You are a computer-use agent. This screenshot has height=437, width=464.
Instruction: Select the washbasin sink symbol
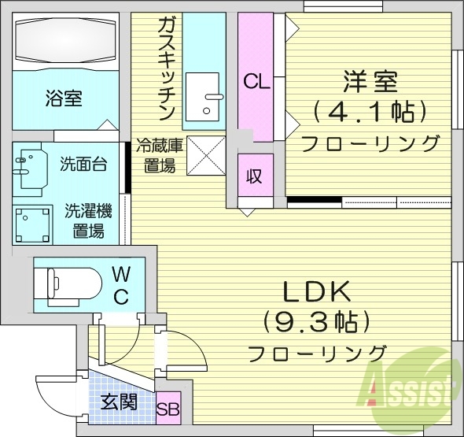coord(30,166)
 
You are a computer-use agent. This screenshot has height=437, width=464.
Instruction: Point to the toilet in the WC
coord(68,282)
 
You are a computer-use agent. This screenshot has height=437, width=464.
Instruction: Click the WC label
coord(122,285)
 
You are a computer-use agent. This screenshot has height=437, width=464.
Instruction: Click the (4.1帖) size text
coord(369,111)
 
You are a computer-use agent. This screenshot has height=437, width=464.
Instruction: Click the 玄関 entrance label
coord(120,402)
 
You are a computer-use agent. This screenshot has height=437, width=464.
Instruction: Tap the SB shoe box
coord(167,409)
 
